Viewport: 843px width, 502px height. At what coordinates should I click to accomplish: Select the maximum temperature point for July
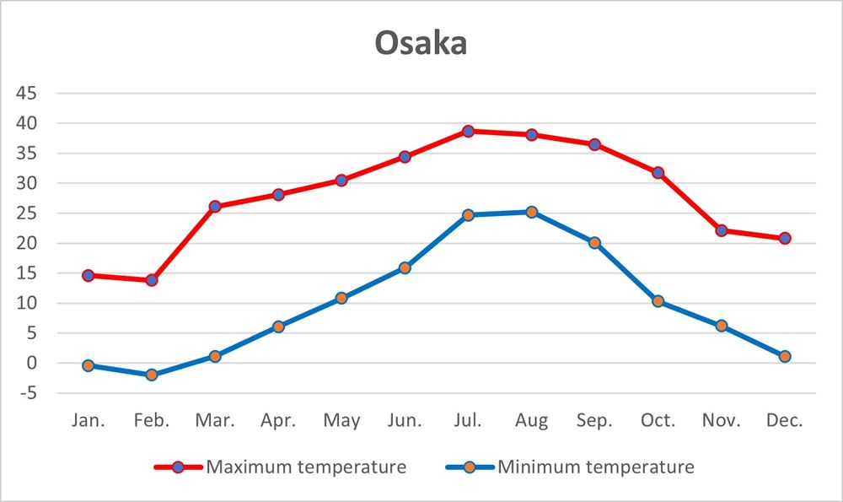pos(468,131)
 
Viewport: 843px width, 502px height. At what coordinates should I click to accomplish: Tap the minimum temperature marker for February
pos(152,375)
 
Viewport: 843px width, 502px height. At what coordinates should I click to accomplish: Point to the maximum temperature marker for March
pos(215,206)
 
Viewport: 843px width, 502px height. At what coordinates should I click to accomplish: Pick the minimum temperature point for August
pos(532,212)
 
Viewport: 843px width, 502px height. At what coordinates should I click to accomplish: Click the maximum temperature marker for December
pos(785,238)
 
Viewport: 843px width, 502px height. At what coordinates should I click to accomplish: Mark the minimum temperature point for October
pos(658,301)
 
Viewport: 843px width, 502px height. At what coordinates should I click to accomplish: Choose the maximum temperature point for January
pos(89,275)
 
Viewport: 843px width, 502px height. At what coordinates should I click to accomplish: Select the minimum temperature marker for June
pos(405,267)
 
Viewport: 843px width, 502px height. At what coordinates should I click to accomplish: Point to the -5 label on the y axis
pos(28,393)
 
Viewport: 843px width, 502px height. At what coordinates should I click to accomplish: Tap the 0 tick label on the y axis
pos(32,364)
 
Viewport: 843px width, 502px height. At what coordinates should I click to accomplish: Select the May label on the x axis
pos(341,420)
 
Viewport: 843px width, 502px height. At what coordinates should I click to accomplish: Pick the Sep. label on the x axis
pos(594,420)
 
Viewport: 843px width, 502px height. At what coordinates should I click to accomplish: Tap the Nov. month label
pos(721,420)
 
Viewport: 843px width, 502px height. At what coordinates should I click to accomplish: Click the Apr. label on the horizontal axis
pos(278,420)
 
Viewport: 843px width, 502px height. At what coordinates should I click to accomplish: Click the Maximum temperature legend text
pos(306,467)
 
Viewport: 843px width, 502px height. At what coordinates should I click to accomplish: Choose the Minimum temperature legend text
pos(595,467)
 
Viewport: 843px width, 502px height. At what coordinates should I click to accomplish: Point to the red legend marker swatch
pos(179,467)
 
